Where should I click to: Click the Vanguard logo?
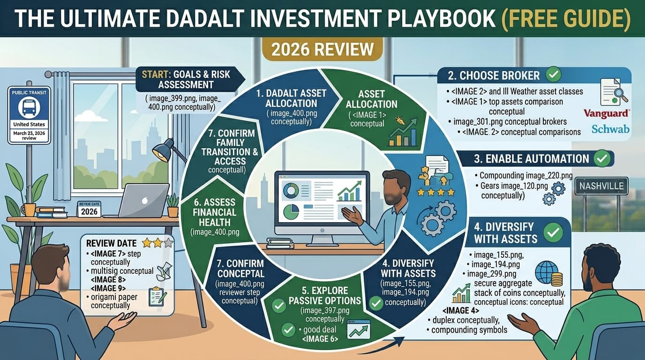[607, 113]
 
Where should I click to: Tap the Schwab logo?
[610, 129]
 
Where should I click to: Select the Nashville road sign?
[601, 186]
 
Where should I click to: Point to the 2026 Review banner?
[322, 49]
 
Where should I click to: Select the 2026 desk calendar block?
[89, 209]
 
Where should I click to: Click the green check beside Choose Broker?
[554, 75]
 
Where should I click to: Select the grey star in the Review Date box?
[167, 243]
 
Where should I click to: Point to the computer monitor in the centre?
[322, 202]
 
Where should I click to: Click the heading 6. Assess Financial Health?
[214, 212]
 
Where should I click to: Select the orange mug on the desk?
[28, 209]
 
